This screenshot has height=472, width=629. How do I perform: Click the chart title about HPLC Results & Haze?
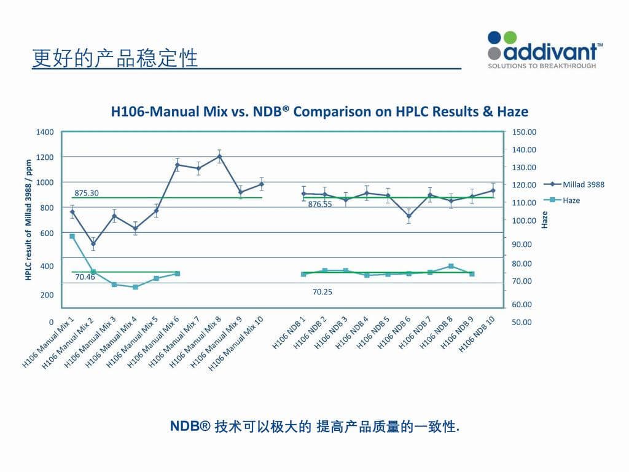[319, 112]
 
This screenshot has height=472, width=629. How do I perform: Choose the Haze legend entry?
[571, 200]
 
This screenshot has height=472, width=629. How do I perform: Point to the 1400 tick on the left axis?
[47, 132]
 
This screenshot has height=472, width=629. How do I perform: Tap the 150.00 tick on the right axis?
[525, 132]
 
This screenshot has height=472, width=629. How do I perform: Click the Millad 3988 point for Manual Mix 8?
[219, 156]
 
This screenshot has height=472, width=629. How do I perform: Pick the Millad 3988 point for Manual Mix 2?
[93, 244]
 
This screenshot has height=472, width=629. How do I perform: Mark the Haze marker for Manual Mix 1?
[72, 236]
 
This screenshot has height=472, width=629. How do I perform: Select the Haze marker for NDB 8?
[451, 266]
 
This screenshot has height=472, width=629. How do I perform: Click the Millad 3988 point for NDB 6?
[408, 216]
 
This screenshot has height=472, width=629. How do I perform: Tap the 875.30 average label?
[87, 193]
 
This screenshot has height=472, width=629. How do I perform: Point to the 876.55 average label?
[320, 205]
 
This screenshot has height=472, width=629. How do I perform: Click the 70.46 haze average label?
[85, 277]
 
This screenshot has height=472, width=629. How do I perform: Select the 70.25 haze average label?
[322, 292]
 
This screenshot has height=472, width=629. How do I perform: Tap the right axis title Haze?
[544, 220]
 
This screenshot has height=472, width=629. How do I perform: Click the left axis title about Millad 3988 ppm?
[28, 220]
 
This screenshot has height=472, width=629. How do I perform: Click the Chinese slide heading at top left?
[115, 58]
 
